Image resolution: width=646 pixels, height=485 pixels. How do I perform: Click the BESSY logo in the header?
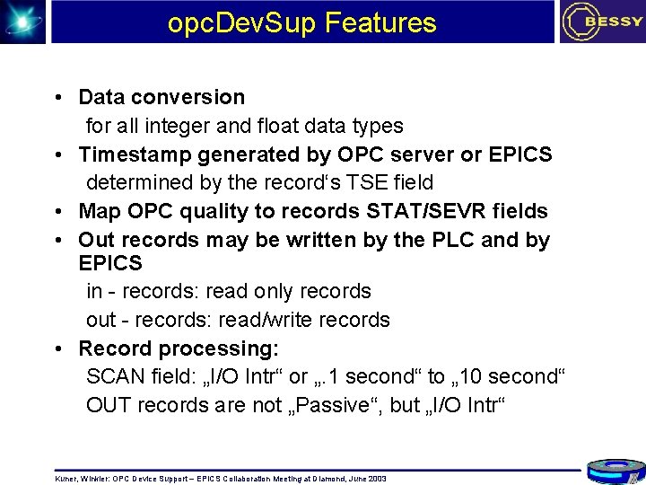tap(600, 22)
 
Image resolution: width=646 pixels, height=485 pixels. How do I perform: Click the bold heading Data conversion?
tap(161, 97)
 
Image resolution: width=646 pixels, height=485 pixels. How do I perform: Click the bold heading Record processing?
tap(179, 348)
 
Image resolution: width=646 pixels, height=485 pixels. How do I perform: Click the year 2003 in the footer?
tap(377, 479)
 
